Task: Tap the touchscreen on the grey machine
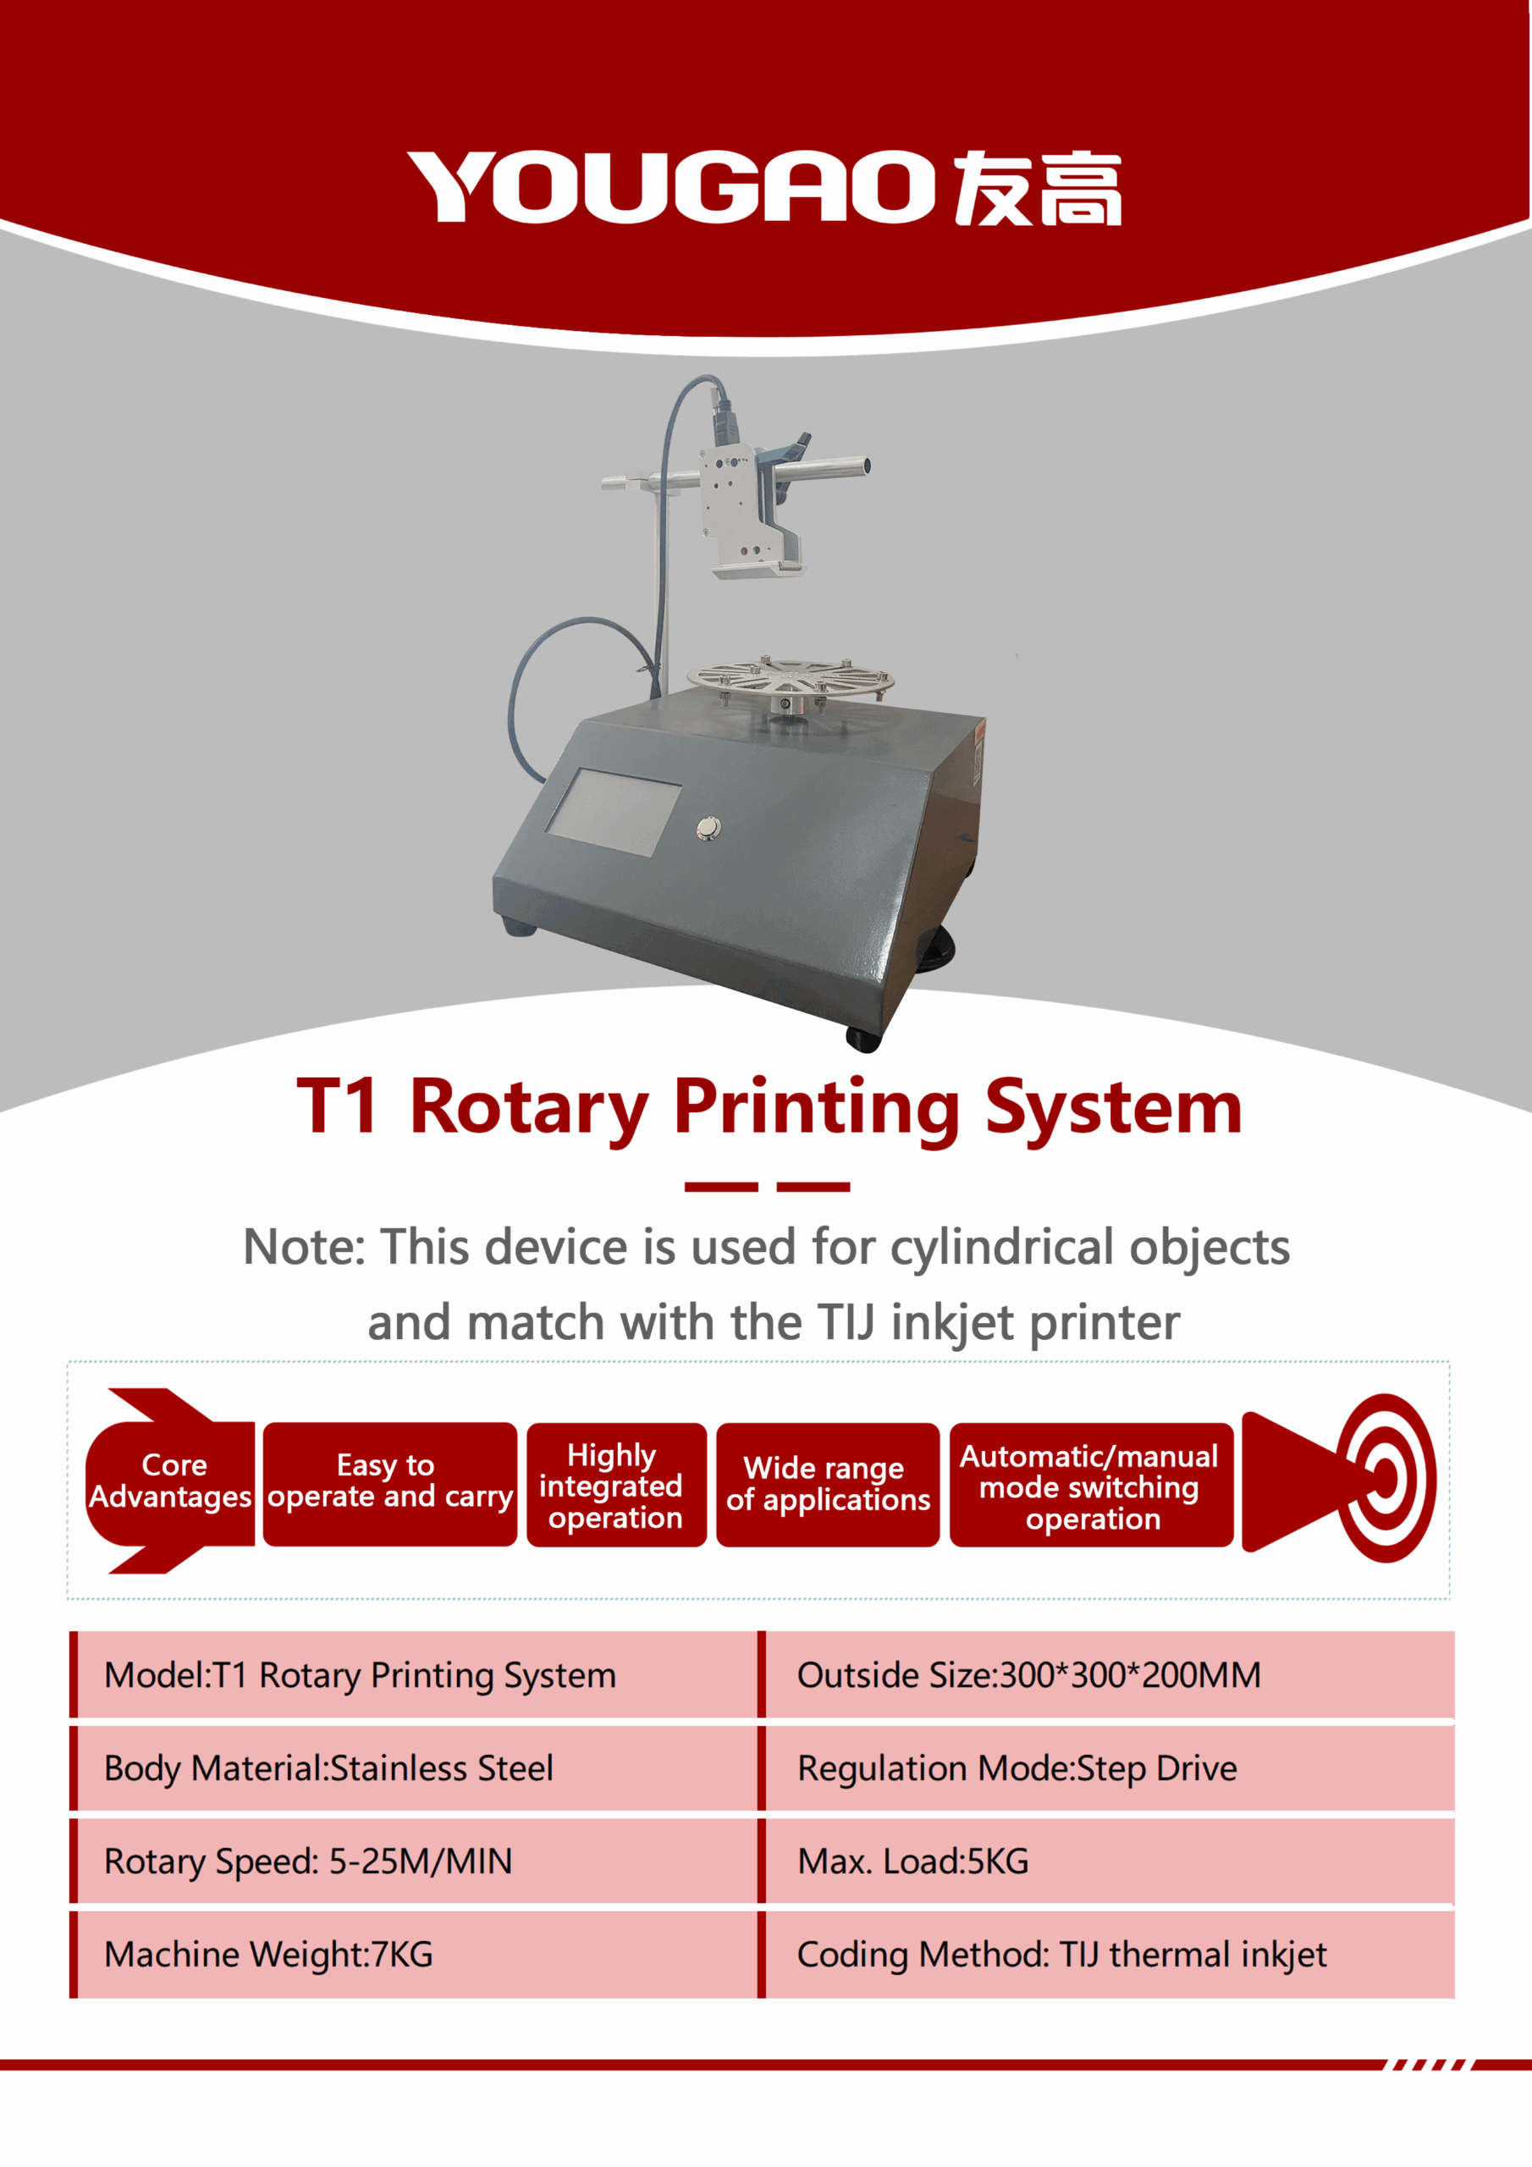coord(614,813)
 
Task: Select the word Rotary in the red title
coord(530,1107)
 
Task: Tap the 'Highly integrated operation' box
coord(616,1485)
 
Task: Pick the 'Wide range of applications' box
coord(828,1485)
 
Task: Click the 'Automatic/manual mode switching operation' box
coord(1091,1485)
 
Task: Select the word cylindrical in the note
coord(1002,1249)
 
